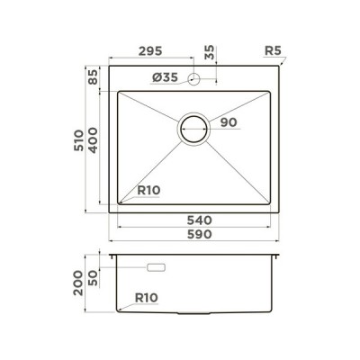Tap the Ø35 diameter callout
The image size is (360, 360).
165,79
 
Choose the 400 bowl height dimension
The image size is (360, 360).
94,140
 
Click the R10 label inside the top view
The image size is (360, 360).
148,190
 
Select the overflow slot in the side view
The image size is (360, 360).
156,267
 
